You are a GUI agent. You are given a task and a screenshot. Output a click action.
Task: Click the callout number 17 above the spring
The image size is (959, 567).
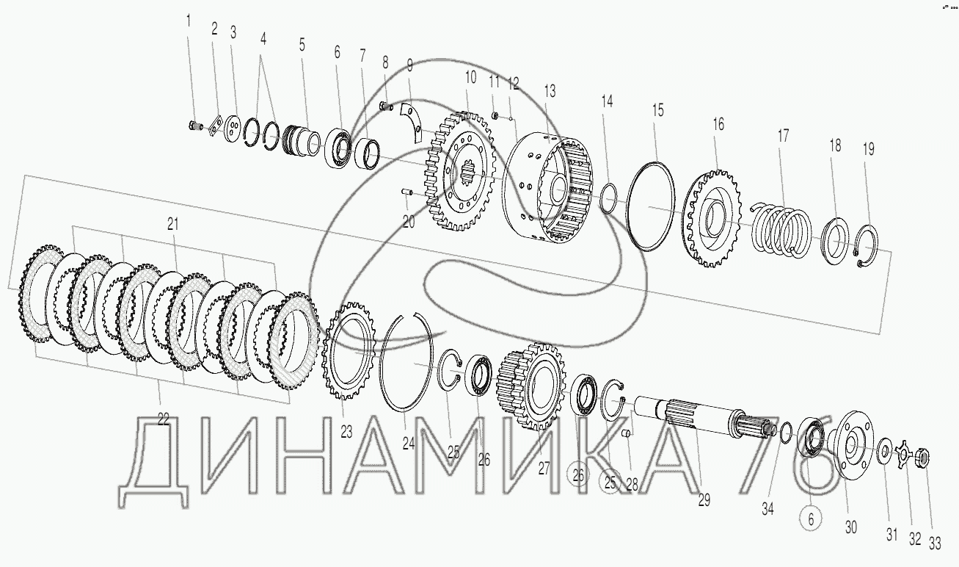[x=783, y=137]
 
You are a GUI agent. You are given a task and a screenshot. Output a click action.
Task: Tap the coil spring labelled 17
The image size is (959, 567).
[x=781, y=231]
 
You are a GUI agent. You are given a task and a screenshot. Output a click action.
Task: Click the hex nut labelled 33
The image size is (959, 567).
[x=922, y=458]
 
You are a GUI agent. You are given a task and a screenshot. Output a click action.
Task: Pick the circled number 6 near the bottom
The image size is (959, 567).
[x=811, y=519]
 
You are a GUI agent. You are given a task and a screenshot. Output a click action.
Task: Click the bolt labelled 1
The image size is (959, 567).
[x=194, y=126]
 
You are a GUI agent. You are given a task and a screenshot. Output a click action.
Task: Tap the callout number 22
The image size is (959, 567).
[x=164, y=419]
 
